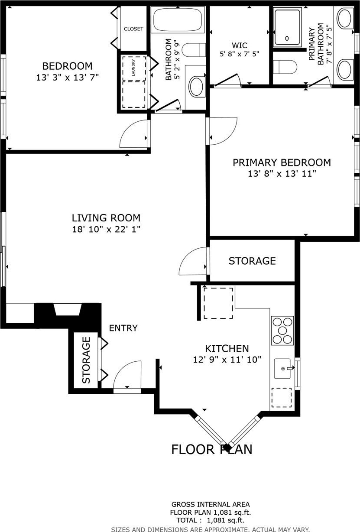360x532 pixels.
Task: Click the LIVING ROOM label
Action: coord(106,218)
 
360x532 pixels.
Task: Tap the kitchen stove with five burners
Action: coord(282,331)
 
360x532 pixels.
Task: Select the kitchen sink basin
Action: coord(282,368)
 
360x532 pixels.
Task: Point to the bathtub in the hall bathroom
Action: coord(178,19)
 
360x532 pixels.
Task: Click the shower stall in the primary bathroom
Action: coord(287,27)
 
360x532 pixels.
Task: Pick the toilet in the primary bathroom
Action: coord(285,67)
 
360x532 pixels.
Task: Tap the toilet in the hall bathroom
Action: coord(194,50)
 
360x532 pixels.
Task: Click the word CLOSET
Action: coord(133,29)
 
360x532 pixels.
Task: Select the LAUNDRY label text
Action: coord(133,68)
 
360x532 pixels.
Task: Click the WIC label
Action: coord(240,45)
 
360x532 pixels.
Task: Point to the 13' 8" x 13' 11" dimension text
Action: coord(282,174)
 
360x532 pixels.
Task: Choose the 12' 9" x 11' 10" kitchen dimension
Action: coord(227,360)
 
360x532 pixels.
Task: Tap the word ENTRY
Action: coord(123,328)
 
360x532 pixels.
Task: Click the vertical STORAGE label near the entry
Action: coord(86,360)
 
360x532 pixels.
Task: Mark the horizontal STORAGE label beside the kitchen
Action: coord(252,261)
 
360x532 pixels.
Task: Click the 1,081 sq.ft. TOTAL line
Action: coord(211,521)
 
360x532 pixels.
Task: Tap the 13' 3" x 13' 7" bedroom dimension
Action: coord(67,78)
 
